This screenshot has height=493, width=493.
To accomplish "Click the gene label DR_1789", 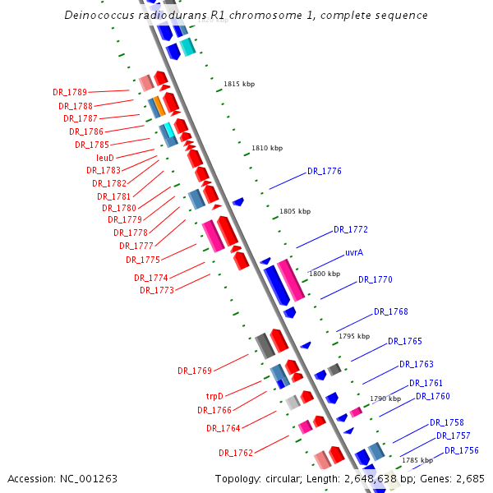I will [70, 92].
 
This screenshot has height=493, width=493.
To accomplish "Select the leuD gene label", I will [104, 157].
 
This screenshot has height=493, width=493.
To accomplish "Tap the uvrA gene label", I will [354, 252].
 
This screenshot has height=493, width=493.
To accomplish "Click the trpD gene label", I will [214, 395].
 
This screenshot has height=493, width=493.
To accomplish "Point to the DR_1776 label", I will [325, 171].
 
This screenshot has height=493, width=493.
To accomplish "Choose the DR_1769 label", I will [195, 371].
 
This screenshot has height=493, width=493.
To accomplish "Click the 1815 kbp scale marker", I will [239, 84].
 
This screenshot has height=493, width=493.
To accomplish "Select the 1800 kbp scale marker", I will [324, 274].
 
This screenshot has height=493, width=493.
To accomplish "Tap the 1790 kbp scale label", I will [385, 399].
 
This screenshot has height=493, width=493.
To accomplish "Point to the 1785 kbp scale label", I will [417, 460].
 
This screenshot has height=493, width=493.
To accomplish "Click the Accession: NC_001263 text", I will [62, 477].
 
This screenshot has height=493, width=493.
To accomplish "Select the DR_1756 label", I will [462, 450].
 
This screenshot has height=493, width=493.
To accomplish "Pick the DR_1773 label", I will [156, 290].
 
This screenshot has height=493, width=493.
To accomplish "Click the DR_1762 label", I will [236, 453].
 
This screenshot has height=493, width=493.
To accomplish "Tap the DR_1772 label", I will [351, 229].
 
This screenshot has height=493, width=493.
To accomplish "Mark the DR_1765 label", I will [405, 341].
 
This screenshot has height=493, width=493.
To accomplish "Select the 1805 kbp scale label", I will [295, 211].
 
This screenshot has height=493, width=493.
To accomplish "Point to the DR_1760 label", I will [433, 396].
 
